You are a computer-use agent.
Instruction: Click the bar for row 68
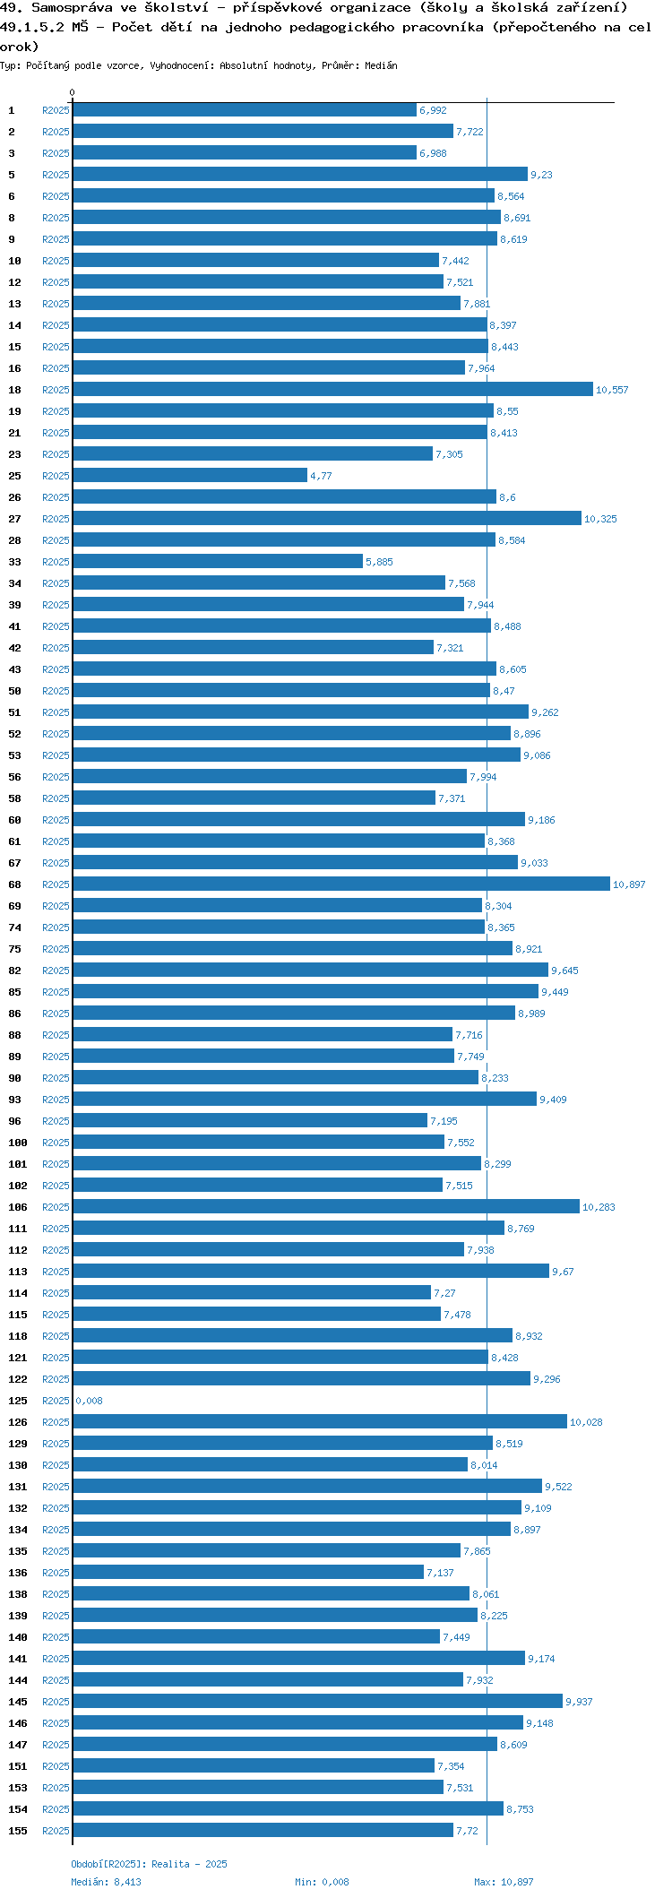pos(340,884)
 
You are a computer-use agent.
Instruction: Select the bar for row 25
pos(190,476)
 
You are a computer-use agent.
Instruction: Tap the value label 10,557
pos(612,390)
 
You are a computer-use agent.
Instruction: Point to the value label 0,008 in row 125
pos(90,1401)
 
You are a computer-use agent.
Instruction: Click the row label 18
pos(15,390)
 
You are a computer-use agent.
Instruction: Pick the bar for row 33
pos(218,562)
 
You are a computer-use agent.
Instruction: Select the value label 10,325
pos(600,519)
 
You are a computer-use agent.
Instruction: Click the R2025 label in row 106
pos(56,1207)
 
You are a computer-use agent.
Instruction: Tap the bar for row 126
pos(320,1422)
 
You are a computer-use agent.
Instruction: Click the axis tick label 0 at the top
pos(73,92)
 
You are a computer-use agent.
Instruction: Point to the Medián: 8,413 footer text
pos(106,1882)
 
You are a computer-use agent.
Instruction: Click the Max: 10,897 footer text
pos(504,1882)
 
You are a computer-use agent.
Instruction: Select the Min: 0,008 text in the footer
pos(322,1882)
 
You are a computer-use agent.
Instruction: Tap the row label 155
pos(18,1831)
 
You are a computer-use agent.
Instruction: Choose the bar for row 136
pos(248,1573)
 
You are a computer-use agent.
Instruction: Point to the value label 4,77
pos(321,476)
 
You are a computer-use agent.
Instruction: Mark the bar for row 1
pos(245,110)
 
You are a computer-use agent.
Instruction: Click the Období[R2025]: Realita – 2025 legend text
pos(149,1864)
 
